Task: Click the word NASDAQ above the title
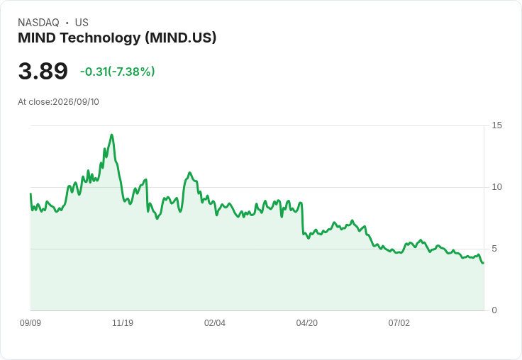click(x=38, y=23)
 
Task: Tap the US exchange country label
click(x=82, y=23)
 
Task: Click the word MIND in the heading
click(x=37, y=38)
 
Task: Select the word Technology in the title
click(x=100, y=38)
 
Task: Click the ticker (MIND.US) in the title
click(x=180, y=38)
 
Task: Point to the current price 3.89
click(x=43, y=71)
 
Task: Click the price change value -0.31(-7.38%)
click(x=118, y=72)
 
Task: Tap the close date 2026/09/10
click(x=76, y=102)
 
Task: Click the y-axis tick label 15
click(x=496, y=125)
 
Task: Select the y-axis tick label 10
click(x=496, y=187)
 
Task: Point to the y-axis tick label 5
click(x=494, y=249)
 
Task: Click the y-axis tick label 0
click(x=494, y=310)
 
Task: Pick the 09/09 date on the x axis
click(x=30, y=323)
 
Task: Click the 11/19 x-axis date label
click(x=123, y=323)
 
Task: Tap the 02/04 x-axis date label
click(x=215, y=323)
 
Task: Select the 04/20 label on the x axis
click(x=307, y=323)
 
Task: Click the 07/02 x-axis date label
click(x=399, y=323)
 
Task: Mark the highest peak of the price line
click(x=111, y=135)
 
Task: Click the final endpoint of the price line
click(x=484, y=263)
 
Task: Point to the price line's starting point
click(x=30, y=193)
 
